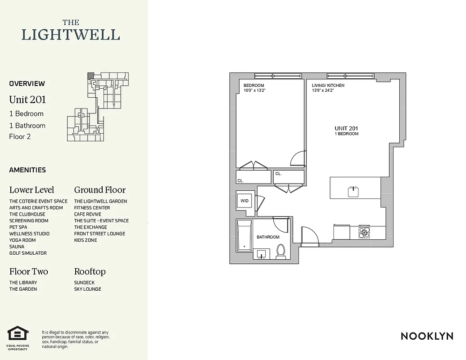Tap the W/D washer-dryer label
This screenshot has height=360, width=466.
pos(244,201)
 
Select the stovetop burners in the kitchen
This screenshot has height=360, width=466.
pos(364,232)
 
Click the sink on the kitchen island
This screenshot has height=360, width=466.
pos(353,192)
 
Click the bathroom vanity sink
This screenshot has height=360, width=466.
pos(262,255)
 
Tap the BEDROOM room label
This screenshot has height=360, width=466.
pos(253,85)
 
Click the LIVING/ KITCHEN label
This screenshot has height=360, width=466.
pos(328,85)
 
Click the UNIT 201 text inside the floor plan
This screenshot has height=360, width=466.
pos(346,128)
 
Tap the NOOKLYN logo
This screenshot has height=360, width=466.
pos(427,336)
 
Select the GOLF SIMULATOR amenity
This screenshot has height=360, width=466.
pos(28,253)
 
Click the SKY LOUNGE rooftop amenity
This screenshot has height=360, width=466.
pos(88,289)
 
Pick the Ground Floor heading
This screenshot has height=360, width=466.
pos(100,190)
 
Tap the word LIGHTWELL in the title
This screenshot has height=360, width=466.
pos(71,35)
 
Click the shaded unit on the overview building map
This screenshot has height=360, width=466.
pos(90,76)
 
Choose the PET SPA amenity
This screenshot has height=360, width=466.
pos(18,227)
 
